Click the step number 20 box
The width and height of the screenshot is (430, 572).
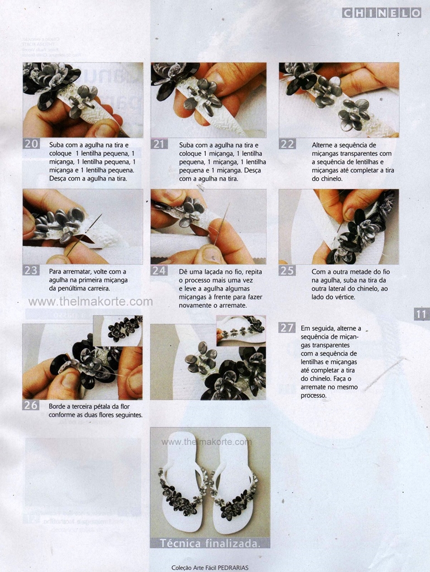coord(31,144)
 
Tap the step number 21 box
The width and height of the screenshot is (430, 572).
coord(159,144)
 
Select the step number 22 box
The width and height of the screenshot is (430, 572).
coord(287,144)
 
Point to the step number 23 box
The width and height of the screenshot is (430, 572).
coord(31,270)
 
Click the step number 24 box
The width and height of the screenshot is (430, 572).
coord(159,270)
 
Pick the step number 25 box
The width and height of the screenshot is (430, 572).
coord(287,270)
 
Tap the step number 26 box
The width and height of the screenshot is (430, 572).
coord(31,405)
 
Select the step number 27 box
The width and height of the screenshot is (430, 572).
coord(286,327)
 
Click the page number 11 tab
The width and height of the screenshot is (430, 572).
coord(422,314)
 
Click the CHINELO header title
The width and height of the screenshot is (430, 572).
coord(381,13)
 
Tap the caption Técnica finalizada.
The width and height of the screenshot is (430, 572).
coord(210,543)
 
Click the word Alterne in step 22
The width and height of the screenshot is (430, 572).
coord(323,145)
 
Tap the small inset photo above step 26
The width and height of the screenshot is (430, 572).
coord(118,331)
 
